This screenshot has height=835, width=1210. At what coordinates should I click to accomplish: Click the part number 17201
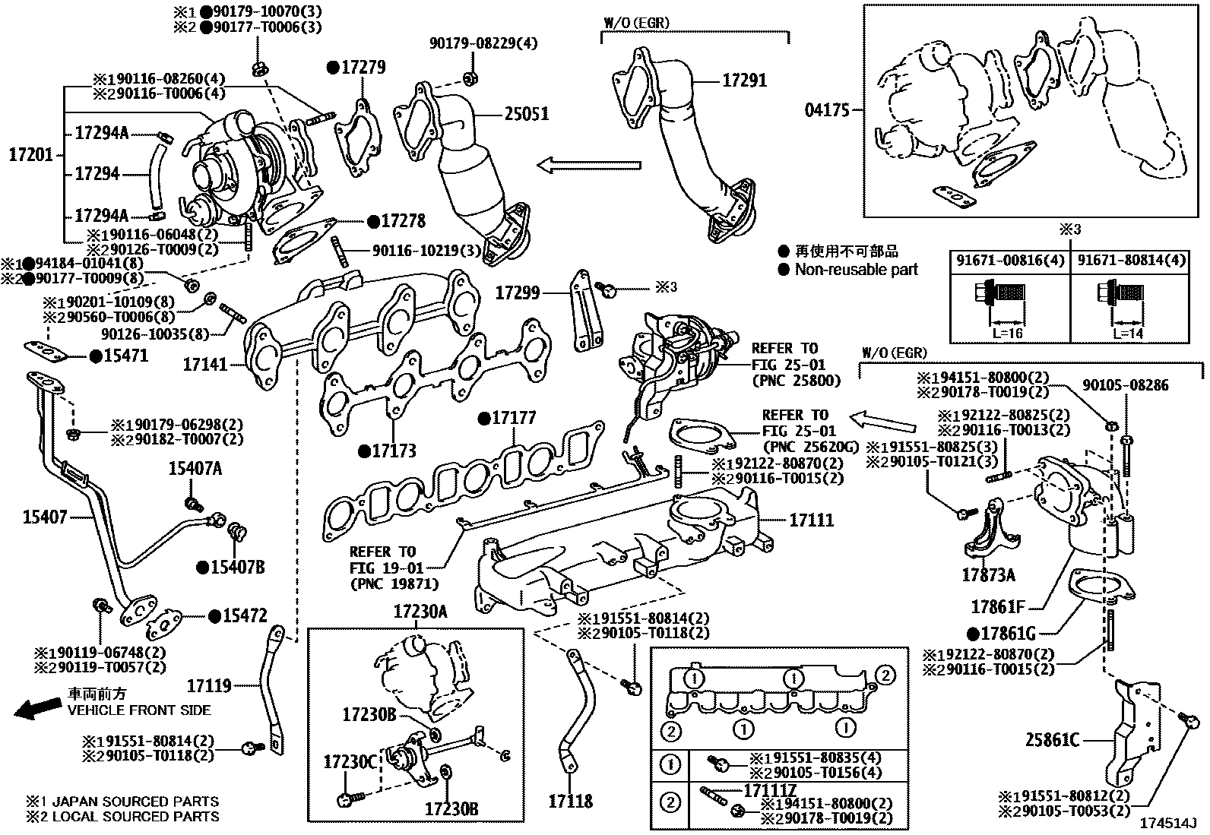click(30, 155)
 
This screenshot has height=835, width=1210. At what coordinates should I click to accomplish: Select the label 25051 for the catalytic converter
click(526, 114)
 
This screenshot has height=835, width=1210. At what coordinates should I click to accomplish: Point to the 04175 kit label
click(827, 111)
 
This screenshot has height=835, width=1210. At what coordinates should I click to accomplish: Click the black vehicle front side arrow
click(38, 708)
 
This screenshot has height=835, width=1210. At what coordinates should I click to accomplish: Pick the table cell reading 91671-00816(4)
click(1009, 261)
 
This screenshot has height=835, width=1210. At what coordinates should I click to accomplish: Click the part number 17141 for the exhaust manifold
click(205, 365)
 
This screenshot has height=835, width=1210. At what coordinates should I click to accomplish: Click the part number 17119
click(209, 686)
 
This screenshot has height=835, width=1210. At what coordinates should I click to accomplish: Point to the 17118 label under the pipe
click(570, 801)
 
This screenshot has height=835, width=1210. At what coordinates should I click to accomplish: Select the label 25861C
click(1052, 739)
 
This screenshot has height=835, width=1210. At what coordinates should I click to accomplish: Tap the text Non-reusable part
click(856, 269)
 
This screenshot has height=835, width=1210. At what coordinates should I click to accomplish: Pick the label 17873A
click(987, 575)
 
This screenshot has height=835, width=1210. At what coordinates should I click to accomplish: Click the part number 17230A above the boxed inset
click(420, 611)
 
